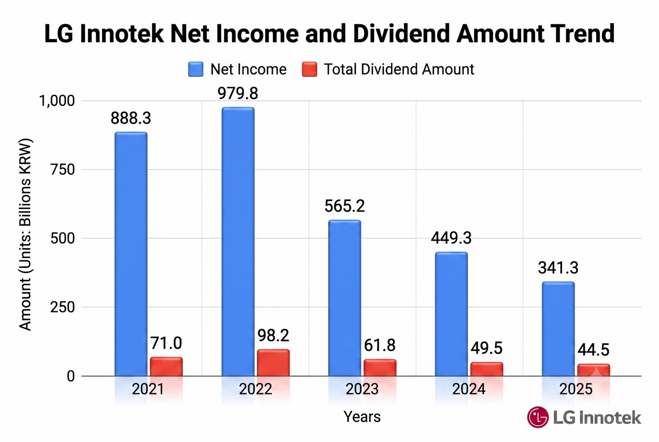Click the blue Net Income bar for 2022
coord(238,242)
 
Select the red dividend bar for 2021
coord(166,367)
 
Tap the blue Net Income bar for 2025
coord(558,329)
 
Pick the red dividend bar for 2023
coord(380,368)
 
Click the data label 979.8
coord(238,94)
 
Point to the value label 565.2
coord(344,206)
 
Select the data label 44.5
coord(593,350)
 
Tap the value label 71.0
coord(166,343)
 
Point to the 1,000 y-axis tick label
coord(57,101)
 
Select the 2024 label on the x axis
coord(469,389)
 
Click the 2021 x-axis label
coord(148,389)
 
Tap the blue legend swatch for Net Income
coord(196,69)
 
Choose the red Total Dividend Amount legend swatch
coord(309,69)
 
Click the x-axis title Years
coord(362,417)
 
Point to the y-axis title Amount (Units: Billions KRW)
coord(25,235)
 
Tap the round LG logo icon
coord(538,417)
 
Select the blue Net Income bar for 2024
coord(451,314)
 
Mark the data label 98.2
coord(273,336)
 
